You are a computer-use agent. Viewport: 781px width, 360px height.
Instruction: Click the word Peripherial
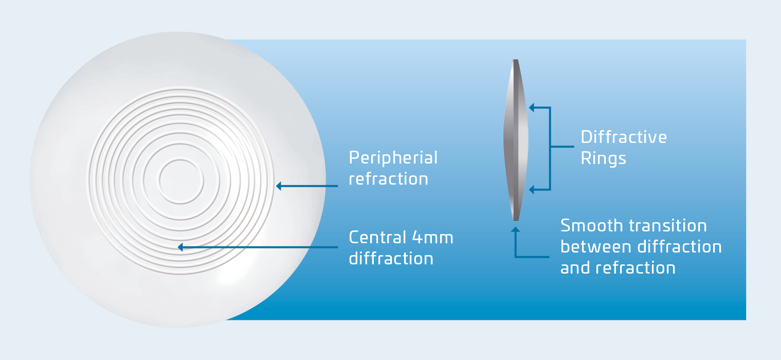(393, 158)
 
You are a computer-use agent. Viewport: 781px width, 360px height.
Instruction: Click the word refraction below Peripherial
(388, 179)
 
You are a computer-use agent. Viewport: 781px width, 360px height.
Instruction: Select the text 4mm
(433, 238)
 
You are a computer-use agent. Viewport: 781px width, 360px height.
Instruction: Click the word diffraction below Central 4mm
(391, 259)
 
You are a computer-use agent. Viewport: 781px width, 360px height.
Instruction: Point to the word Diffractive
(624, 137)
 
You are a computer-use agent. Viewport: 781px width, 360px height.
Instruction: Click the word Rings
(604, 158)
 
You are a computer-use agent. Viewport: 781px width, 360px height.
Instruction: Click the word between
(596, 247)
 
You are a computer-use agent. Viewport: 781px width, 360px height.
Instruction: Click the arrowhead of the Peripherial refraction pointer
(279, 186)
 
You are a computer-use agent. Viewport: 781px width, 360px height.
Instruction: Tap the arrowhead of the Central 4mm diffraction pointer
(180, 247)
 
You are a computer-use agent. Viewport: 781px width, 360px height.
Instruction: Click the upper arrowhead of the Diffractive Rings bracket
(532, 107)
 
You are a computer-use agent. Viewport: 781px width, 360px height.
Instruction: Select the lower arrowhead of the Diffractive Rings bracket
(532, 190)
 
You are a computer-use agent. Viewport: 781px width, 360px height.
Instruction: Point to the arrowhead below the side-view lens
(515, 229)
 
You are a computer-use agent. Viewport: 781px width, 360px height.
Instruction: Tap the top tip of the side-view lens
(516, 60)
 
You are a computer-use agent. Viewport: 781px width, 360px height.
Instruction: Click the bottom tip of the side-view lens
(516, 221)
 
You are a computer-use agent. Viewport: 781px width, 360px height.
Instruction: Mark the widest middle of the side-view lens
(516, 140)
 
